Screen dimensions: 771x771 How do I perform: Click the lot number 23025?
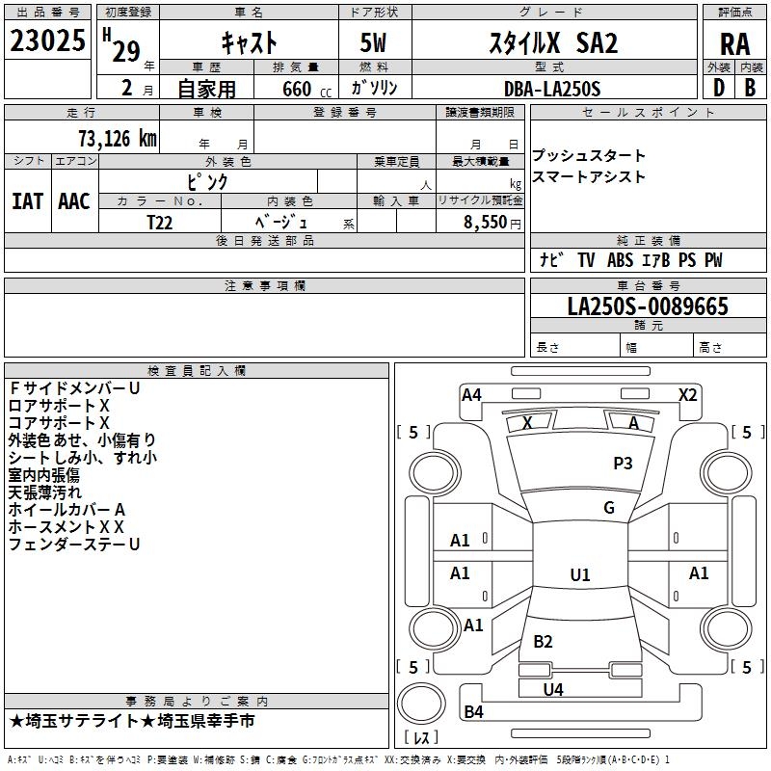tap(47, 41)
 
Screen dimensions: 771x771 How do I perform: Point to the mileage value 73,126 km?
tap(117, 138)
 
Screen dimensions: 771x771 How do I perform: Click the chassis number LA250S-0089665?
tap(648, 306)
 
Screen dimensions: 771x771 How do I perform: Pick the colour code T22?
tap(161, 222)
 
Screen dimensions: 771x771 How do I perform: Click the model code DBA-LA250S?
tap(552, 89)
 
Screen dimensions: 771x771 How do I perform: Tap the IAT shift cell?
tap(27, 200)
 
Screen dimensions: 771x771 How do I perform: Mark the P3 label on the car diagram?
tap(623, 464)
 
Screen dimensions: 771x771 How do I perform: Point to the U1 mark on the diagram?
tap(579, 575)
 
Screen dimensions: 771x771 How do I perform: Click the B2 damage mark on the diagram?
tap(543, 642)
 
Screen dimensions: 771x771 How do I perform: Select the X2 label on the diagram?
tap(687, 394)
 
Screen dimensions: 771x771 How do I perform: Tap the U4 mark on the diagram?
tap(553, 689)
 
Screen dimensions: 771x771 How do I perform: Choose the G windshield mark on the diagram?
tap(608, 508)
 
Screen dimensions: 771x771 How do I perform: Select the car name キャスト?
tap(249, 42)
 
